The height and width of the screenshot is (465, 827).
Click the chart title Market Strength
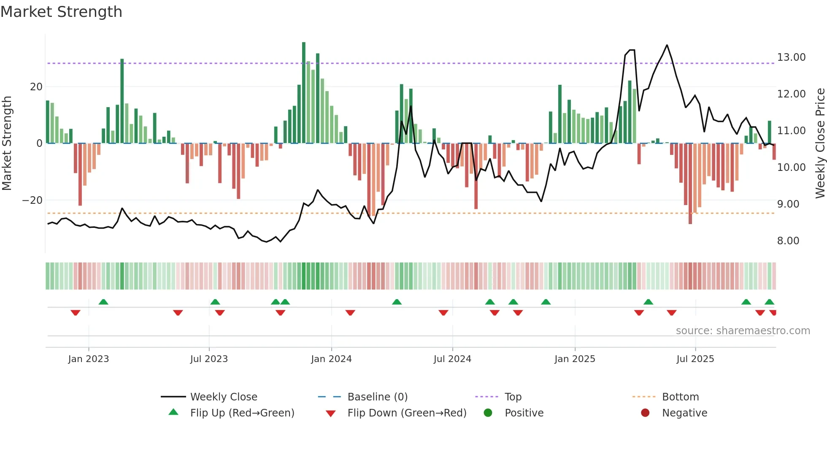61,12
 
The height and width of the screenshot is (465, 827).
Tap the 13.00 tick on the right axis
791,57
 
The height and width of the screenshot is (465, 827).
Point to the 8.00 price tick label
788,241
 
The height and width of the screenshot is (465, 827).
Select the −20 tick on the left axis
32,200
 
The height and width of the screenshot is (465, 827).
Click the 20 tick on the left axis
36,87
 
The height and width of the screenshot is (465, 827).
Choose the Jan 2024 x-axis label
331,359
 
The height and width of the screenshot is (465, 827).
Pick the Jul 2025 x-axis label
695,359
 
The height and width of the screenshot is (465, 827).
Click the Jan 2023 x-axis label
89,359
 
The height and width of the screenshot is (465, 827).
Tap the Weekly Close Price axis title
820,143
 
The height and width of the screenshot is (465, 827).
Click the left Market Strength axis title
7,143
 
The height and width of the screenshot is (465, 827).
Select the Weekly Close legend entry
223,397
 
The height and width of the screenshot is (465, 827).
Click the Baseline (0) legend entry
377,397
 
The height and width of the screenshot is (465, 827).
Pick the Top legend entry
513,397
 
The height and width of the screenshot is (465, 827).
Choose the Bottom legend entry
680,397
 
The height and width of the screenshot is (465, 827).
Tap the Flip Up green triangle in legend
173,412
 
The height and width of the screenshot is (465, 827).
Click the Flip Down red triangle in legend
331,414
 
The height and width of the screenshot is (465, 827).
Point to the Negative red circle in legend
645,413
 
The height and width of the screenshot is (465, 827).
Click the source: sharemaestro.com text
743,331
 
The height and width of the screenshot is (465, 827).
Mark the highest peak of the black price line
667,45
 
